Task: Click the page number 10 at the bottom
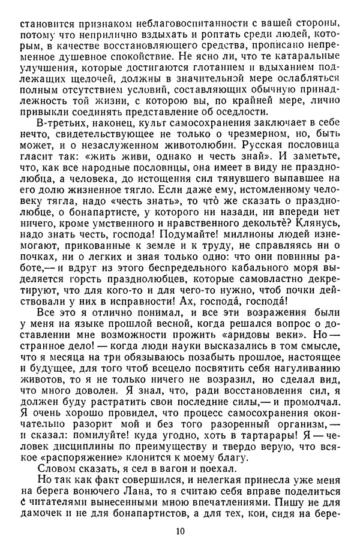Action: (180, 532)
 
